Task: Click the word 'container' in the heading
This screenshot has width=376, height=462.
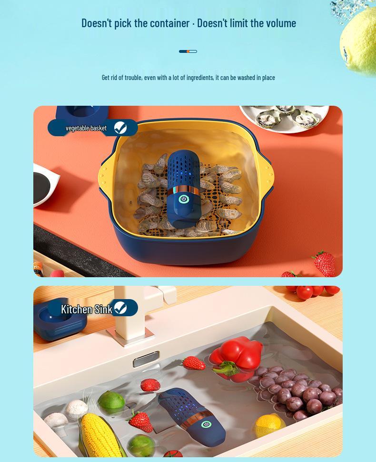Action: pyautogui.click(x=170, y=23)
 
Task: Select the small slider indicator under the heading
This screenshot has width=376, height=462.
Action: pyautogui.click(x=188, y=51)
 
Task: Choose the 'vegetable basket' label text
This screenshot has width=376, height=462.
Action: pyautogui.click(x=86, y=128)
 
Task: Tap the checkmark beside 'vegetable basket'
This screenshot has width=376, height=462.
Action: pyautogui.click(x=120, y=128)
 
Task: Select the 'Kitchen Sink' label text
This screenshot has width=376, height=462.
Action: pyautogui.click(x=86, y=309)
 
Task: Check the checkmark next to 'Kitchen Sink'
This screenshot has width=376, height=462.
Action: pyautogui.click(x=120, y=308)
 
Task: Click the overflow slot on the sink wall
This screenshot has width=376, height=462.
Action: pyautogui.click(x=146, y=359)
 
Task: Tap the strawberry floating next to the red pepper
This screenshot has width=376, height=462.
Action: pyautogui.click(x=194, y=363)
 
